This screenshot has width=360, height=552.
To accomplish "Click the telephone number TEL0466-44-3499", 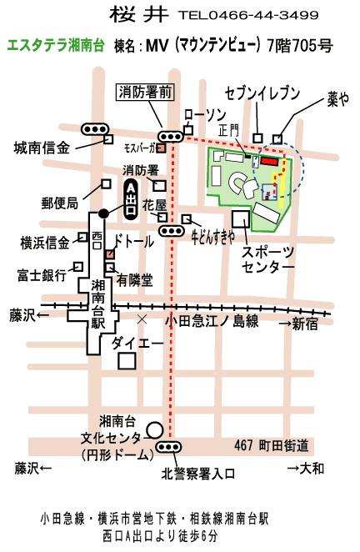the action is (x=248, y=15).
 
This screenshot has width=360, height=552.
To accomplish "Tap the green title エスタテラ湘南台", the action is (x=56, y=46).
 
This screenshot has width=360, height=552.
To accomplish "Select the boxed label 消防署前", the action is (x=145, y=93).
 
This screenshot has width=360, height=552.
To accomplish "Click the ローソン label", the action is (x=205, y=115).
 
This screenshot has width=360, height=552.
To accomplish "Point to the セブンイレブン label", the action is (x=262, y=93).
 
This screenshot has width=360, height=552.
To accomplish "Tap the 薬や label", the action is (x=337, y=99).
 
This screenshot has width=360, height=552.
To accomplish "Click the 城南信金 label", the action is (x=42, y=148).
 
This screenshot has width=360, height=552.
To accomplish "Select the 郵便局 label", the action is (x=59, y=203).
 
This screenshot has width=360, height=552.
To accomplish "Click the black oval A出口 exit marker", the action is (x=131, y=199).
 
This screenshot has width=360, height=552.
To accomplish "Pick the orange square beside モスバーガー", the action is (x=161, y=148).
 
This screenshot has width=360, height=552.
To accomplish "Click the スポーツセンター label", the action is (x=267, y=260).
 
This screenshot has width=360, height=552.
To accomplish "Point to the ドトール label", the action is (x=134, y=242).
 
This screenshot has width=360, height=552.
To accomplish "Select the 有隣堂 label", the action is (x=135, y=280).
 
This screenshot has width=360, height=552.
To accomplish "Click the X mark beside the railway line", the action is (x=142, y=319).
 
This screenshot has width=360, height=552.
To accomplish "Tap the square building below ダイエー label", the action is (x=127, y=361).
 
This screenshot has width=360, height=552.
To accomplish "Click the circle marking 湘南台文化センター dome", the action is (x=154, y=430).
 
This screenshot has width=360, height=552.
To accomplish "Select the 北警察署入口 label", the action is (x=198, y=474).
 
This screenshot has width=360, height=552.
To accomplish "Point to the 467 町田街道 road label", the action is (x=272, y=445).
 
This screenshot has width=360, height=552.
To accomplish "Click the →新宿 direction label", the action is (x=298, y=324).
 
